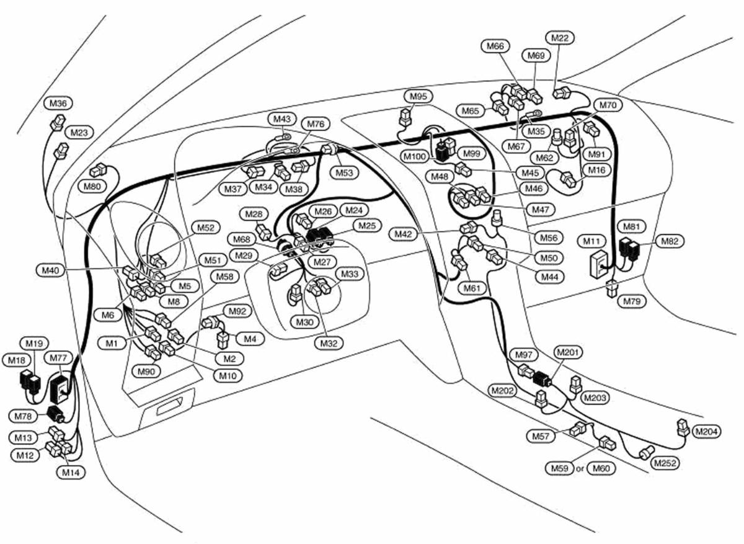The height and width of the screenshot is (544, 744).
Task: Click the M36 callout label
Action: [x=58, y=104]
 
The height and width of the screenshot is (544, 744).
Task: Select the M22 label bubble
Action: [x=560, y=38]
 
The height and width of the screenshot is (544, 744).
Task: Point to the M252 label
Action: [x=665, y=463]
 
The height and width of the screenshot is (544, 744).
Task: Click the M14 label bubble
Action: [x=71, y=473]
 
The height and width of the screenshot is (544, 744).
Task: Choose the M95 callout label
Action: [x=418, y=96]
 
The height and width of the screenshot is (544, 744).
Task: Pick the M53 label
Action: [x=345, y=173]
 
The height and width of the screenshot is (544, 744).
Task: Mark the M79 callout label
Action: [x=631, y=301]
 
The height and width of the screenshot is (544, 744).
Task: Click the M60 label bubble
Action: [x=601, y=468]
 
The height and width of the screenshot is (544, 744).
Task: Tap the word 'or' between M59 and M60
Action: [x=580, y=469]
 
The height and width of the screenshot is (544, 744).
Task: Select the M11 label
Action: [x=591, y=241]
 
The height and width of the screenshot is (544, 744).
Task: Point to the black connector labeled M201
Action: [x=542, y=378]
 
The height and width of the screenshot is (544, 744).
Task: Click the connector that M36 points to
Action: [x=58, y=122]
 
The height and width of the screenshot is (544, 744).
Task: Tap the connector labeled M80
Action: [x=98, y=171]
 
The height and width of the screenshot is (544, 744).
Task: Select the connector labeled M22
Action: [x=562, y=92]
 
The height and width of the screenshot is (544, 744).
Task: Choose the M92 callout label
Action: [x=237, y=311]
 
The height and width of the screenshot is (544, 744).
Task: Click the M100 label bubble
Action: [x=415, y=156]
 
